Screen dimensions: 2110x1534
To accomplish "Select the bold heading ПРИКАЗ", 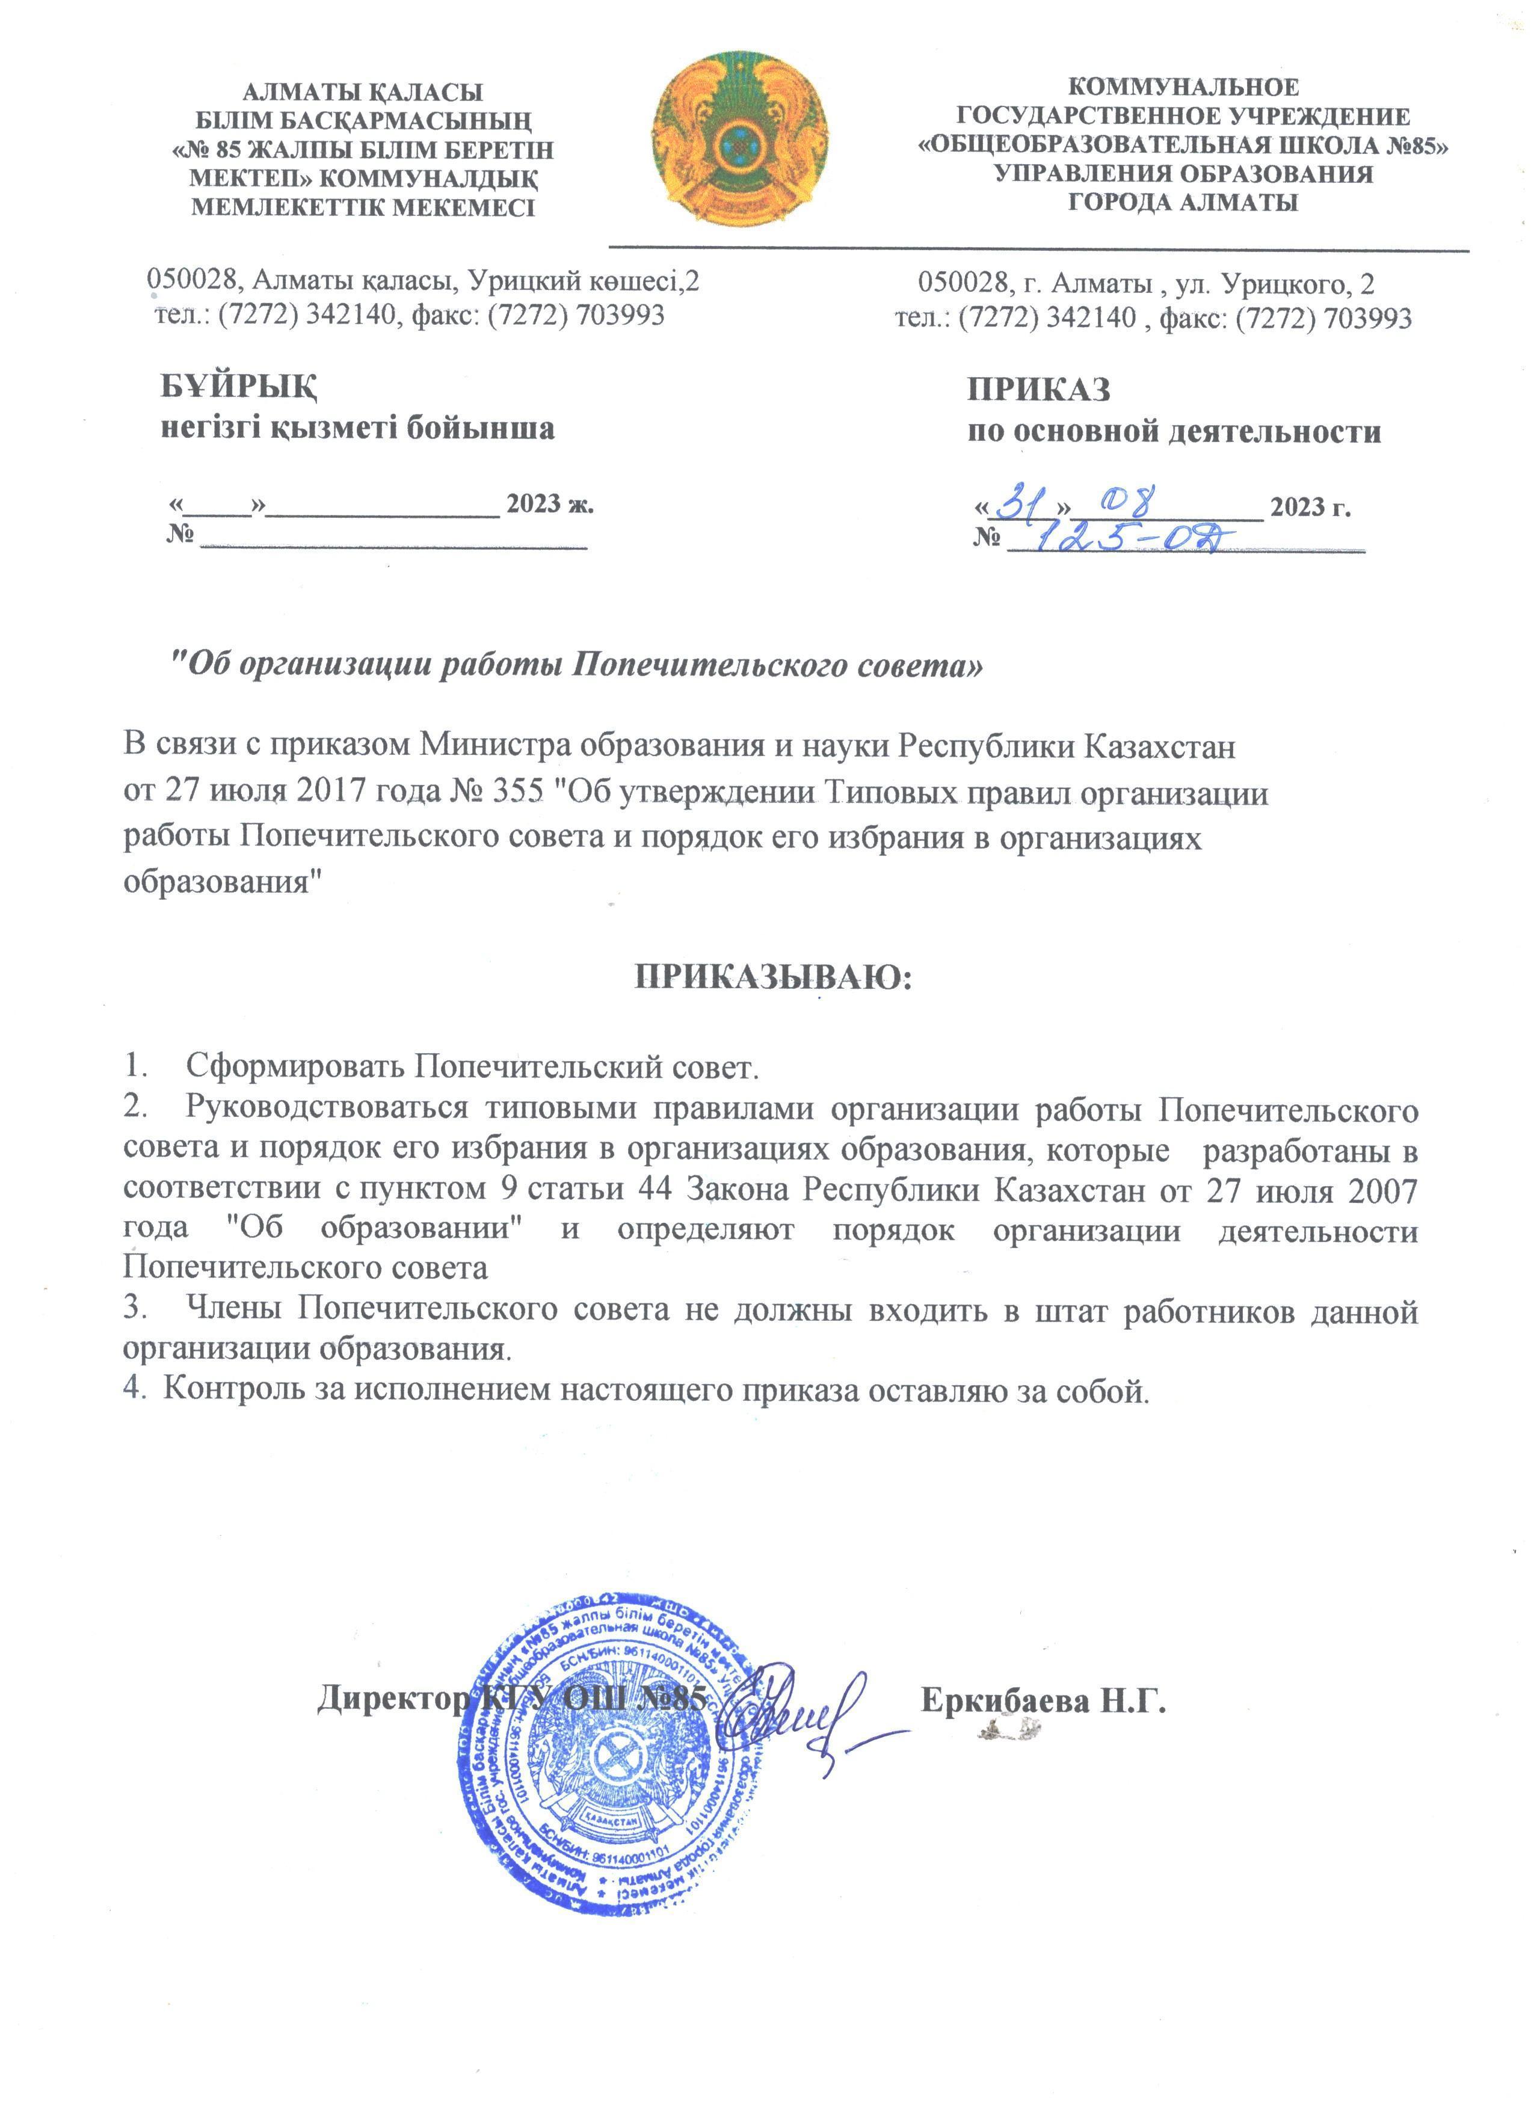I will [x=1038, y=389].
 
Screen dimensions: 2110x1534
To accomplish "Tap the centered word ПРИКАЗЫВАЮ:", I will [x=773, y=976].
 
